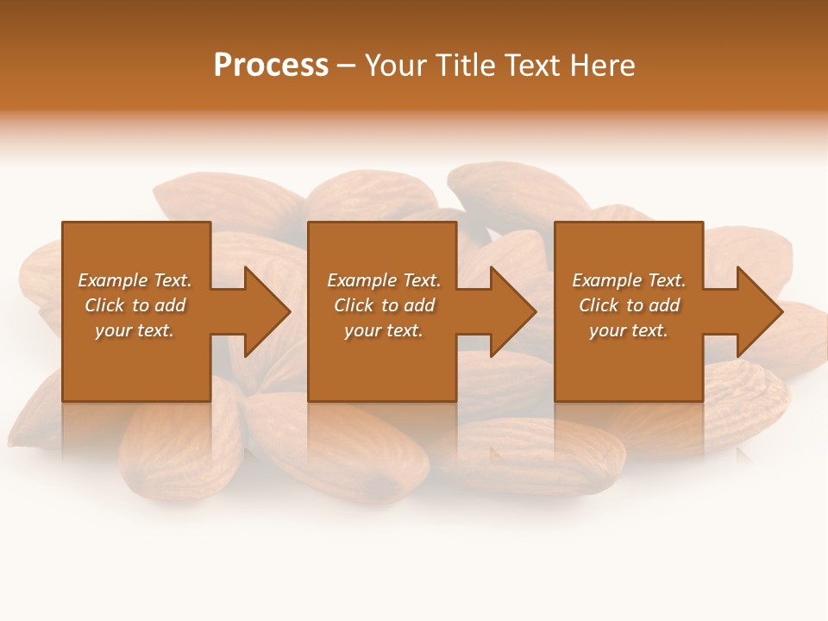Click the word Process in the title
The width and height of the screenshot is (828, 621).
click(x=271, y=66)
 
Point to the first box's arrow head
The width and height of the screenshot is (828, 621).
click(x=264, y=311)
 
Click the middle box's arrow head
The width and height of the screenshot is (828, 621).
click(x=511, y=311)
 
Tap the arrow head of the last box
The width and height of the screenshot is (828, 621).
click(x=757, y=311)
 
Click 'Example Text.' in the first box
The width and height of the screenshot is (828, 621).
click(x=135, y=280)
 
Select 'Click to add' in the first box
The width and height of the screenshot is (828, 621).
click(x=135, y=305)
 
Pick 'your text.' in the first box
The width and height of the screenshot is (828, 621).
click(x=135, y=330)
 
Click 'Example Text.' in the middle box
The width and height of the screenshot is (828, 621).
click(x=383, y=280)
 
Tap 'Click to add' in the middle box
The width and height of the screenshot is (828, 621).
click(x=383, y=305)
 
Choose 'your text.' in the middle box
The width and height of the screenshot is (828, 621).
click(x=383, y=330)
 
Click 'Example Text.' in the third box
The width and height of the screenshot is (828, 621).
click(x=629, y=280)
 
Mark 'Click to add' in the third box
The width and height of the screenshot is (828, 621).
click(x=629, y=305)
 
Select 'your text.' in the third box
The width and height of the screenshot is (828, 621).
click(x=629, y=330)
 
